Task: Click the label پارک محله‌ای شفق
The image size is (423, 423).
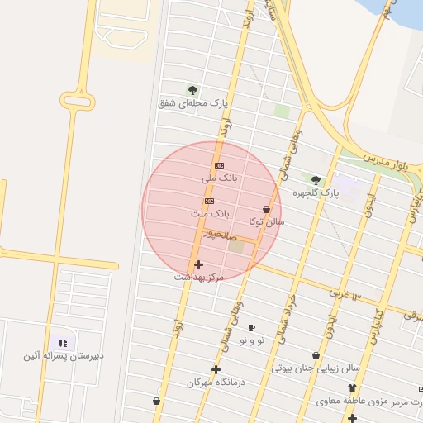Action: tap(192, 103)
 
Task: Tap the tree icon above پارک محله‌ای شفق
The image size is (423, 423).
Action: tap(192, 89)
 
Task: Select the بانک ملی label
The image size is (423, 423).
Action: tap(220, 178)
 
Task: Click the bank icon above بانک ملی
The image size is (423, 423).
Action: tap(219, 165)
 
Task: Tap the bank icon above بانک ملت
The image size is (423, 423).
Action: tap(209, 201)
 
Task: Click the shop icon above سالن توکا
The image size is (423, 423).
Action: tap(266, 210)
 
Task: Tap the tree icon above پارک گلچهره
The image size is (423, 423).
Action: tap(316, 179)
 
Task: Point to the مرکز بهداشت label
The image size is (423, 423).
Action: tap(198, 278)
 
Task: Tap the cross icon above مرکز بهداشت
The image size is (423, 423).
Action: tap(198, 264)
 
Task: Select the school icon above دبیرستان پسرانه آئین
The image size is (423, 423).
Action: tap(63, 342)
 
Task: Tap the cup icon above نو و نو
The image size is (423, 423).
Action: tap(252, 327)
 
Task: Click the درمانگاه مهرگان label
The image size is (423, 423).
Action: tap(216, 383)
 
